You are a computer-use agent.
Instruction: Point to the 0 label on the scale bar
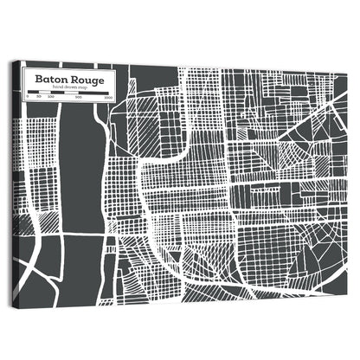(28, 99)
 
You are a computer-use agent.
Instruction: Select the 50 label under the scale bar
(39, 99)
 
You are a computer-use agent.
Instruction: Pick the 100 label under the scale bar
(50, 99)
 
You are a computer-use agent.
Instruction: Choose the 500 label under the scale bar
(79, 99)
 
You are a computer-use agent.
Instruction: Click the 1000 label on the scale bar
(107, 100)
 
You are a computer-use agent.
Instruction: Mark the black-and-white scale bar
(67, 93)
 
